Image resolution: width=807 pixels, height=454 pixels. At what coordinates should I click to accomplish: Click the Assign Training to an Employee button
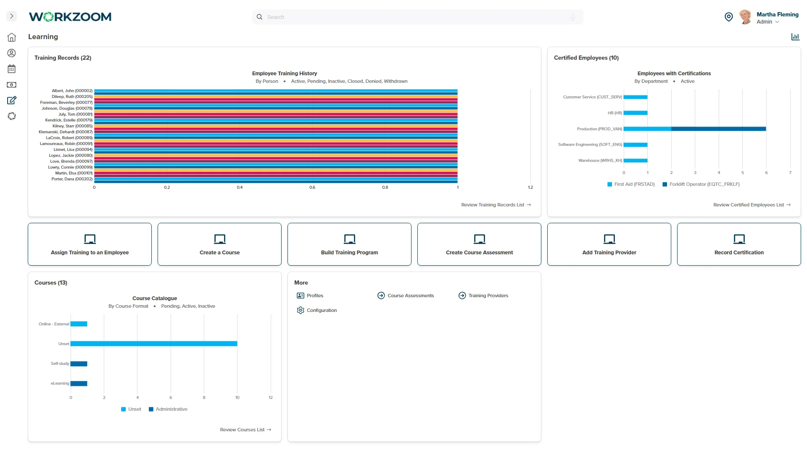tap(90, 244)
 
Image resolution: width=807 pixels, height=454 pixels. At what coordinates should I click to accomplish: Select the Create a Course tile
tap(219, 244)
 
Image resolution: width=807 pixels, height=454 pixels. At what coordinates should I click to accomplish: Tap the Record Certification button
tap(739, 244)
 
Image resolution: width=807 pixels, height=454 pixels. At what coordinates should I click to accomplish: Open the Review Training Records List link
tap(496, 205)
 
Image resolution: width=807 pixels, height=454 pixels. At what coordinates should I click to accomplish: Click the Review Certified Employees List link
tap(752, 205)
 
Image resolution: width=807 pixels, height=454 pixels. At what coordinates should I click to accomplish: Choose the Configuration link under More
tap(317, 310)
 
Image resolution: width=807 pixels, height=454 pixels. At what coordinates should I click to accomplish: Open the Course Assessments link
tap(406, 296)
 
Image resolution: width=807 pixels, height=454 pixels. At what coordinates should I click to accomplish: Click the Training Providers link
tap(483, 296)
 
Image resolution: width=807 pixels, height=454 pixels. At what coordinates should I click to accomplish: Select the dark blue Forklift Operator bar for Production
tap(719, 129)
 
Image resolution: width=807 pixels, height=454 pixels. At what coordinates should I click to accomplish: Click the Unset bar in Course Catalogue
tap(154, 344)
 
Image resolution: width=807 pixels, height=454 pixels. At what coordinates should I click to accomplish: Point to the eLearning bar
tap(79, 383)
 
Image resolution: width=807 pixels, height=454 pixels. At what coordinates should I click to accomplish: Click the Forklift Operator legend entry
tap(701, 184)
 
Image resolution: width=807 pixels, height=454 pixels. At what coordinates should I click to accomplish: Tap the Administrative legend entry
tap(168, 409)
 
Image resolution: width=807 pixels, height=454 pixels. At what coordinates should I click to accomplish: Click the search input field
tap(417, 17)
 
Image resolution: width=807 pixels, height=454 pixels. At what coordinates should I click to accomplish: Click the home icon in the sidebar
tap(12, 37)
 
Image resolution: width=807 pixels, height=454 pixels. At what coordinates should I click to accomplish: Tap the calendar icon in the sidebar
tap(12, 69)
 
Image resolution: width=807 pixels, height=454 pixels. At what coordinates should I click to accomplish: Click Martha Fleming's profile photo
tap(745, 17)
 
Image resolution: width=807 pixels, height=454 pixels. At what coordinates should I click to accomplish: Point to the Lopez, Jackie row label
tap(71, 156)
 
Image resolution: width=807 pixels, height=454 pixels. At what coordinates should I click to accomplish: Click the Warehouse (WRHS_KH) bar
tap(636, 161)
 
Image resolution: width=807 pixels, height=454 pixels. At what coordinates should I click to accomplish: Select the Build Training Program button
tap(349, 244)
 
